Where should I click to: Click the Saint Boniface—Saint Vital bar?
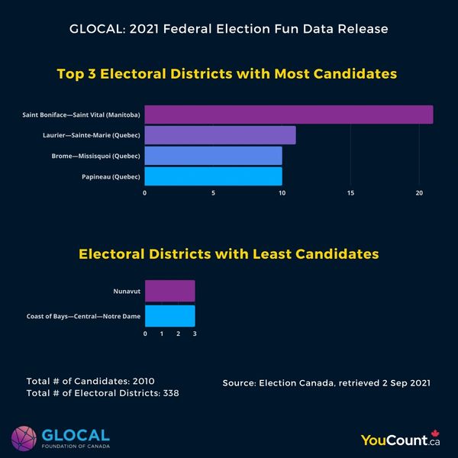click(289, 114)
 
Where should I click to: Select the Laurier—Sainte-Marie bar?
click(220, 135)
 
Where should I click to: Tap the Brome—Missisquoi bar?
click(213, 156)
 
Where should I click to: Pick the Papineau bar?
click(213, 176)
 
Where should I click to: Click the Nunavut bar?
click(169, 291)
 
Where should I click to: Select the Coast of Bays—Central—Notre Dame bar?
click(169, 315)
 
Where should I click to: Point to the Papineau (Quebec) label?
click(111, 177)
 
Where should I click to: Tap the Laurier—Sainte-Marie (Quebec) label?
click(91, 135)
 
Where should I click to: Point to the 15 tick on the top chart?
click(350, 193)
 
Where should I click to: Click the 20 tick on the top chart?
click(419, 193)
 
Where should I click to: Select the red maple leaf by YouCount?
click(436, 435)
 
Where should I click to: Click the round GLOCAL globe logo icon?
click(24, 438)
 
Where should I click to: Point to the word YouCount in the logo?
click(395, 439)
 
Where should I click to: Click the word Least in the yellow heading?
click(279, 253)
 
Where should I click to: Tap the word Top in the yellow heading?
click(71, 75)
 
